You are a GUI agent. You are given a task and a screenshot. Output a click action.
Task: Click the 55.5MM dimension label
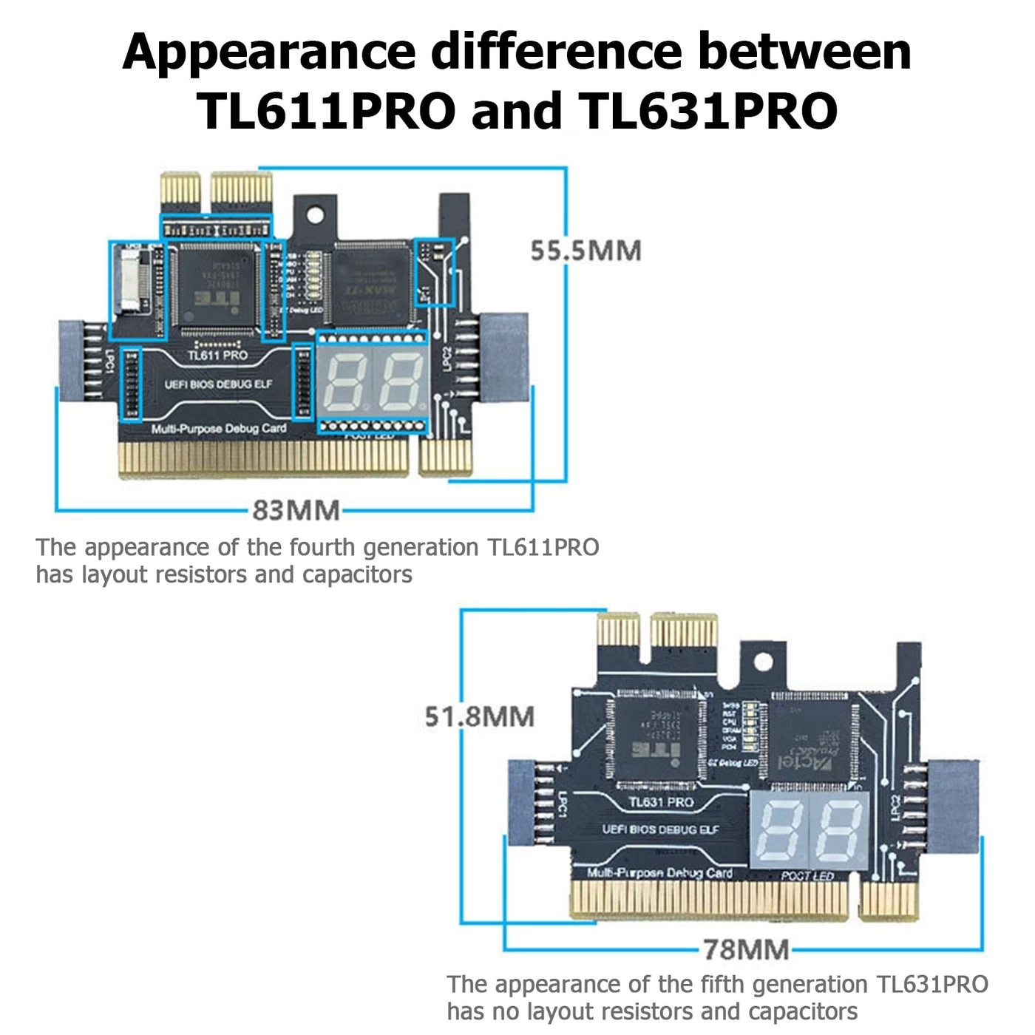click(x=586, y=251)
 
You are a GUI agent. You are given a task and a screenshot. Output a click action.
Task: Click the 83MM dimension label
click(x=296, y=510)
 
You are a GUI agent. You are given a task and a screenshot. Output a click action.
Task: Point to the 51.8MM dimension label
click(x=479, y=716)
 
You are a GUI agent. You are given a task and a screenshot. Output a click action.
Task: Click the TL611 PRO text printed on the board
click(x=217, y=356)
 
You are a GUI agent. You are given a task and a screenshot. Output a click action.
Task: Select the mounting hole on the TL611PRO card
click(x=315, y=215)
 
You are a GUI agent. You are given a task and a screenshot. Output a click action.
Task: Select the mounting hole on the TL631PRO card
click(x=762, y=662)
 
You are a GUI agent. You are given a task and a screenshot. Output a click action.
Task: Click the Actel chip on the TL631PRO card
click(x=810, y=740)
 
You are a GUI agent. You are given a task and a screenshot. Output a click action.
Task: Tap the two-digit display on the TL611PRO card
click(x=373, y=381)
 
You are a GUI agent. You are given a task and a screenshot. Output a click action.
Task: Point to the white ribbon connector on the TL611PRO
click(x=129, y=281)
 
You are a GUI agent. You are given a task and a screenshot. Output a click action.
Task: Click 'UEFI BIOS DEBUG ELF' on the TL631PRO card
click(x=660, y=829)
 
